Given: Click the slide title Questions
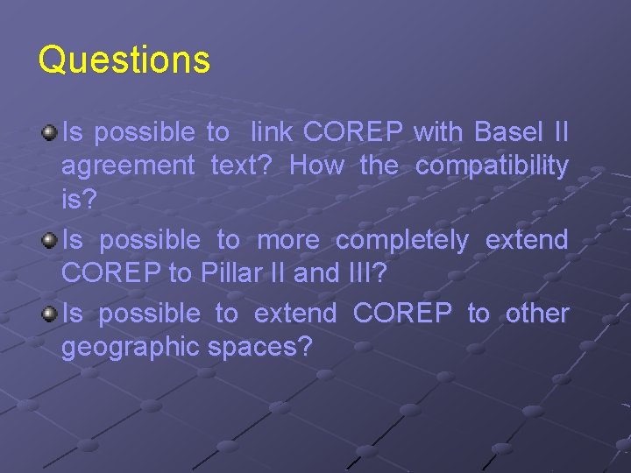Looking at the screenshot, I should pyautogui.click(x=124, y=60).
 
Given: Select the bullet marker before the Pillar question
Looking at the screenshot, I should pyautogui.click(x=50, y=239).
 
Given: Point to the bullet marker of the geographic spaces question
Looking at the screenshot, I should pyautogui.click(x=50, y=313).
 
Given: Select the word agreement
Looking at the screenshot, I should pyautogui.click(x=128, y=166).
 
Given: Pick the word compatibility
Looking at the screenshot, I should pyautogui.click(x=491, y=166).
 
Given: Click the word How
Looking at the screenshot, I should pyautogui.click(x=316, y=166).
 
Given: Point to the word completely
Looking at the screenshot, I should pyautogui.click(x=402, y=239).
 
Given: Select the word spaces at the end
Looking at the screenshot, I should pyautogui.click(x=260, y=347).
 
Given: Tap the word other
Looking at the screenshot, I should pyautogui.click(x=537, y=313).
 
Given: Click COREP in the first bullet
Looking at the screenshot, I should pyautogui.click(x=353, y=132).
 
